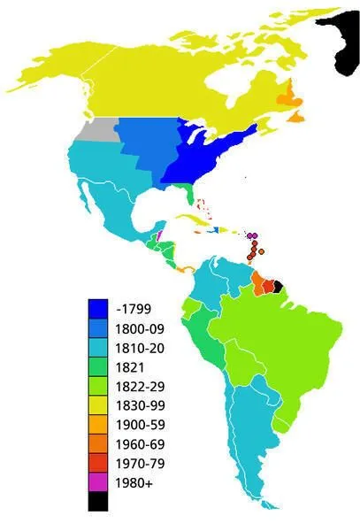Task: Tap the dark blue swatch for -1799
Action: point(98,309)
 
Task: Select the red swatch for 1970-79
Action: point(98,463)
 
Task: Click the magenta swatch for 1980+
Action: point(98,482)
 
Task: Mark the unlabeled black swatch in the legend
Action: point(98,501)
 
